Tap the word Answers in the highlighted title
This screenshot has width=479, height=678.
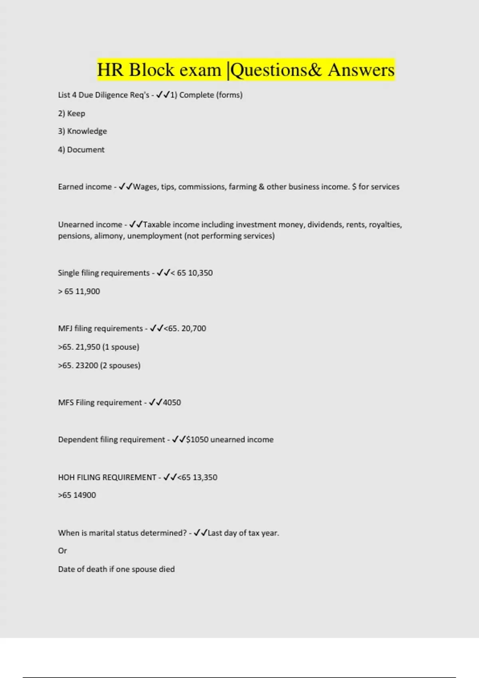pyautogui.click(x=361, y=70)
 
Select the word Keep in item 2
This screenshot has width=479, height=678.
pyautogui.click(x=76, y=114)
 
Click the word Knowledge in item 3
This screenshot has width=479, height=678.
pyautogui.click(x=87, y=131)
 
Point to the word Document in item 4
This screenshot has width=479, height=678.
pyautogui.click(x=86, y=150)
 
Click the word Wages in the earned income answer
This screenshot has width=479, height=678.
pyautogui.click(x=145, y=187)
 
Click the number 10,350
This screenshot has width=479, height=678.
pyautogui.click(x=200, y=273)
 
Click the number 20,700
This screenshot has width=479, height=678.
pyautogui.click(x=194, y=329)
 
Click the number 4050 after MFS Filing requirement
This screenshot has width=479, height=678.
pyautogui.click(x=172, y=403)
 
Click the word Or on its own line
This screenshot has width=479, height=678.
pyautogui.click(x=63, y=551)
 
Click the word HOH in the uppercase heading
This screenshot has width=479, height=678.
pyautogui.click(x=66, y=477)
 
